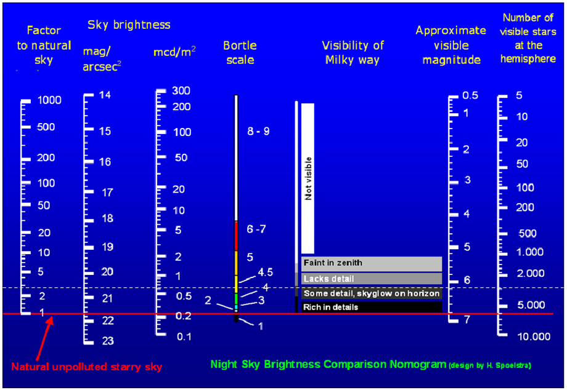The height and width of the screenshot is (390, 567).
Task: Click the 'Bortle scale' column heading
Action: coord(239,53)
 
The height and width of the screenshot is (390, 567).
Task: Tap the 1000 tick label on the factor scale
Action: coord(49,100)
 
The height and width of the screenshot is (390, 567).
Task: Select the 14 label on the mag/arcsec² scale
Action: coord(105,95)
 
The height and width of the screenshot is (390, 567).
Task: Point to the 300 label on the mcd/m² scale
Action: coord(181,91)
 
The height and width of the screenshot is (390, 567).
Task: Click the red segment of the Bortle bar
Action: coord(236,236)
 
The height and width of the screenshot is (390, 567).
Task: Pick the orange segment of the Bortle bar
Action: coord(236,263)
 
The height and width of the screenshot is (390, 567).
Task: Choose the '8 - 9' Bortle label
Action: coord(259,131)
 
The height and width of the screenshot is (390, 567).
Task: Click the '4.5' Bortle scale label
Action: coord(265,272)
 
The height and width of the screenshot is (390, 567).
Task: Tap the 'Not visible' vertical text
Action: coord(308,178)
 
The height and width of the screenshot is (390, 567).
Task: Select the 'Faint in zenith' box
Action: coord(372,263)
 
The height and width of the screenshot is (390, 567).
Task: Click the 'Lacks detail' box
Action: coord(372,279)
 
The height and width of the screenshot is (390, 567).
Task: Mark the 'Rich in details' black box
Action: coord(372,307)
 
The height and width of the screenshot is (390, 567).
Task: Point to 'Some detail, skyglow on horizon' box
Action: coord(372,293)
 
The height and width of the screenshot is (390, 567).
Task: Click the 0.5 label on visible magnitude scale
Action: coord(471,95)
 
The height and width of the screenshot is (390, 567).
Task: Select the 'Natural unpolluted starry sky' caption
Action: coord(86,367)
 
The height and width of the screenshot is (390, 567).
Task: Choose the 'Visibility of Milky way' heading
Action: coord(353,53)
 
